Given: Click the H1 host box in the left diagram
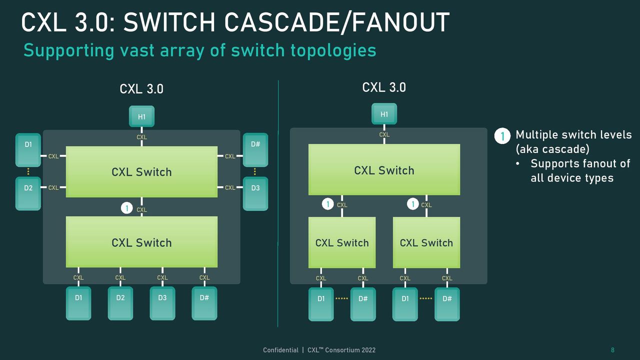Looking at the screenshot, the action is (x=141, y=116).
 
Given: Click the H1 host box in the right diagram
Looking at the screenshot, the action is (x=384, y=113).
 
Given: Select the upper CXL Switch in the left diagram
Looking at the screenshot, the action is (x=141, y=171).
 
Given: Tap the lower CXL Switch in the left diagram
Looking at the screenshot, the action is (x=141, y=242).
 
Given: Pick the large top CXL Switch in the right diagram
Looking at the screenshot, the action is (x=384, y=169).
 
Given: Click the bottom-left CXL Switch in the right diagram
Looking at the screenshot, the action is (x=342, y=242).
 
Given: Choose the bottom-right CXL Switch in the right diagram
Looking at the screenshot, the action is (x=426, y=242).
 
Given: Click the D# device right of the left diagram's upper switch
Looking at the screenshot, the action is (x=255, y=149).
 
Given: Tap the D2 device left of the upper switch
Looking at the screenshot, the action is (x=28, y=193).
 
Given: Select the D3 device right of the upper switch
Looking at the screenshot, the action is (x=255, y=193).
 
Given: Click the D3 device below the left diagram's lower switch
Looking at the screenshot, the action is (x=162, y=303).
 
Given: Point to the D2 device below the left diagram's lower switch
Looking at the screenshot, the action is (x=120, y=303).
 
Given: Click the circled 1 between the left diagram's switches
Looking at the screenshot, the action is (x=127, y=208).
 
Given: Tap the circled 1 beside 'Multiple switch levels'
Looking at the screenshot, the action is (x=502, y=135).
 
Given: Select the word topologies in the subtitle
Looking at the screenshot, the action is (x=333, y=51).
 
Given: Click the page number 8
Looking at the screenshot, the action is (x=612, y=350).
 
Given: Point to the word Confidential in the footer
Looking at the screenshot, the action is (x=280, y=350).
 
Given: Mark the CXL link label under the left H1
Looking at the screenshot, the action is (x=141, y=137).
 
